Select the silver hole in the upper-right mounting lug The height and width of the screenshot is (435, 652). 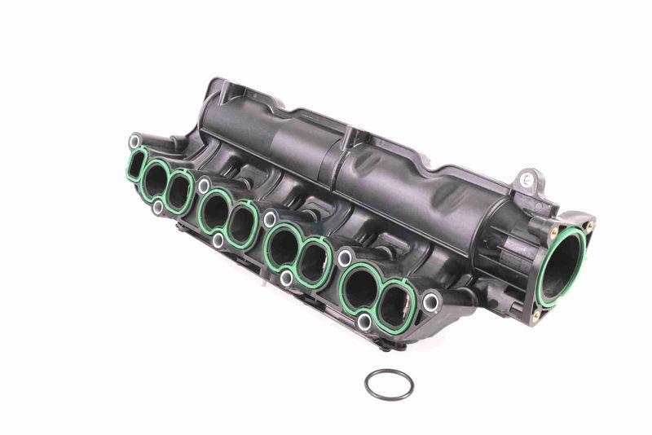(x=528, y=177)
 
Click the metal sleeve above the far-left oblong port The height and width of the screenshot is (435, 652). (x=132, y=139)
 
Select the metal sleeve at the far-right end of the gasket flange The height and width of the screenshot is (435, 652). (x=430, y=303)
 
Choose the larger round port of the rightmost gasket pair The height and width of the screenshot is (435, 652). (x=359, y=287)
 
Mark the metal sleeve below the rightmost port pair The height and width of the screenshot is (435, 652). (x=364, y=323)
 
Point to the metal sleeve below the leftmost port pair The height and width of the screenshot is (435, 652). (x=158, y=208)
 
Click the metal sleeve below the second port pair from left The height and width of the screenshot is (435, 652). (x=218, y=241)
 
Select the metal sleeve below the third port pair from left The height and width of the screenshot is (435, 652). (x=286, y=279)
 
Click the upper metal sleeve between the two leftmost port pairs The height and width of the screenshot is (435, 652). (x=203, y=186)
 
